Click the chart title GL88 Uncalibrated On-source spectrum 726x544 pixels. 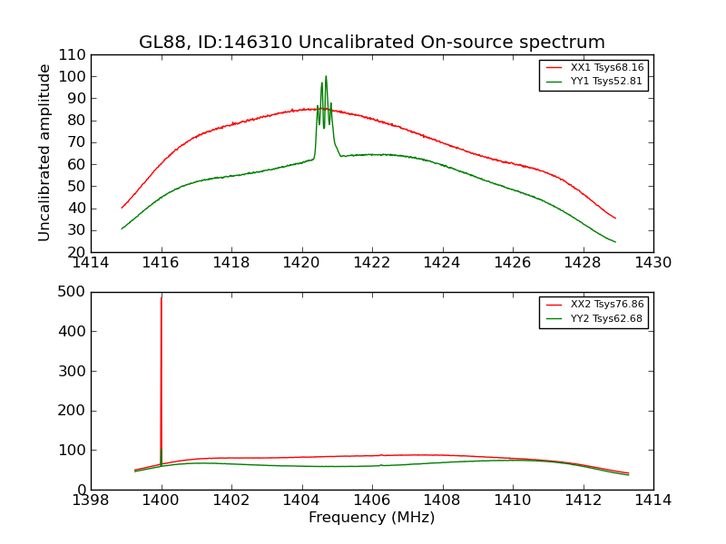[371, 43]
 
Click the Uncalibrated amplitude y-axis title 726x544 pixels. [44, 152]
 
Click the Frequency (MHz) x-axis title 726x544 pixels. [371, 518]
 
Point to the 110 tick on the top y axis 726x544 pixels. [73, 54]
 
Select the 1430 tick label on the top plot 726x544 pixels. [652, 263]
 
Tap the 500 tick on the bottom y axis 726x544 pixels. [73, 292]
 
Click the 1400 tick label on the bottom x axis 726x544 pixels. [162, 500]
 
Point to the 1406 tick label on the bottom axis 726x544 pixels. [371, 500]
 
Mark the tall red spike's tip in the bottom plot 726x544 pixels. [162, 297]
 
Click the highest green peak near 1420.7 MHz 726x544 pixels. [326, 77]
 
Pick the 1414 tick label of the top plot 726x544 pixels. [92, 263]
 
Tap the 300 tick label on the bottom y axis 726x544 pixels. [73, 371]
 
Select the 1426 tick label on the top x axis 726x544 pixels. [512, 263]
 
